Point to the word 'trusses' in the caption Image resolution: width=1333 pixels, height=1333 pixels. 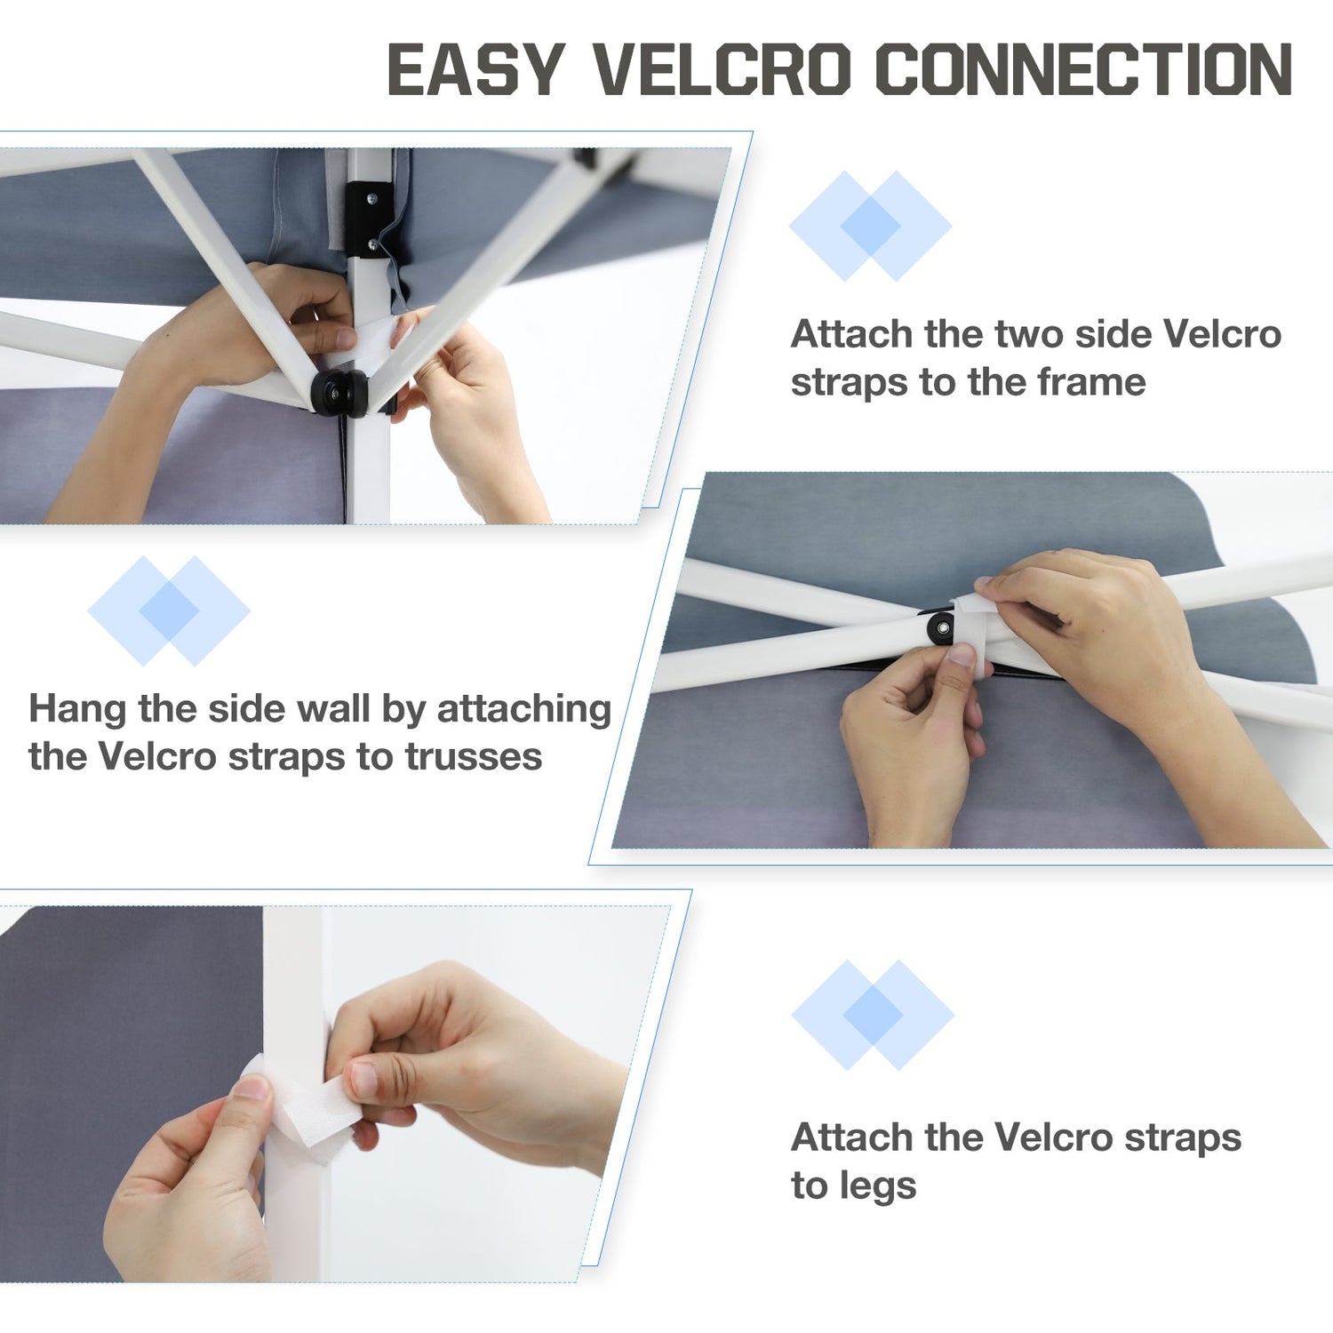pos(473,757)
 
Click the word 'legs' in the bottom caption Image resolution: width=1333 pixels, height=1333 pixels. pos(877,1187)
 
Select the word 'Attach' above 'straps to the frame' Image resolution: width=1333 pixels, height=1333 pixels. pos(851,334)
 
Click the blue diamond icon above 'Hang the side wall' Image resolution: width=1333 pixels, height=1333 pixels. pos(169,611)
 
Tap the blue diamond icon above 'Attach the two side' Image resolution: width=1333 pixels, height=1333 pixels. pos(871,226)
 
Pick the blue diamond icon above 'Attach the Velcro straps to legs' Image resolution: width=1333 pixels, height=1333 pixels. pos(873,1014)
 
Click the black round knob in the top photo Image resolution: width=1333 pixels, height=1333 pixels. pos(339,393)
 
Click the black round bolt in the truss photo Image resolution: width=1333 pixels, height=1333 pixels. pos(940,629)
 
